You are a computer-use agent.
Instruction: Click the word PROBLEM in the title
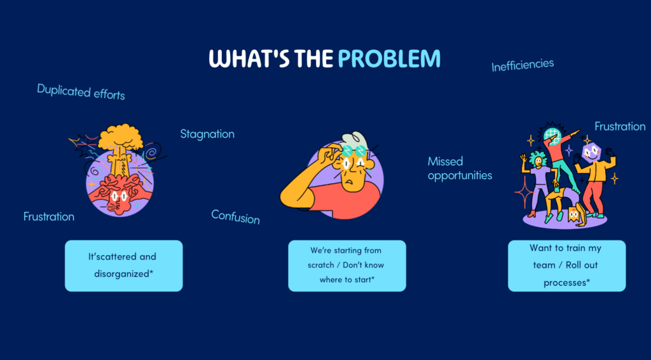389,59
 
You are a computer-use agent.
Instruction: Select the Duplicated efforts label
81,92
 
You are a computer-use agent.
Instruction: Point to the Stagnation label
207,134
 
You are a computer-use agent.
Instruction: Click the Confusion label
235,218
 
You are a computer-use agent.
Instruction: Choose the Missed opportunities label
460,169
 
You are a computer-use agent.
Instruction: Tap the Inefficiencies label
523,64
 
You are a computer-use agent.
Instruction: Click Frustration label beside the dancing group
620,127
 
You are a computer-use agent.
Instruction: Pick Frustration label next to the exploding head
49,217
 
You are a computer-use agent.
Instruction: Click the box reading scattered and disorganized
123,265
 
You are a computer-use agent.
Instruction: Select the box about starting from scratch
346,265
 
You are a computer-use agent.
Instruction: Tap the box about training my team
566,265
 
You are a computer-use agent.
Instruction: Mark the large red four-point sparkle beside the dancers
524,189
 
